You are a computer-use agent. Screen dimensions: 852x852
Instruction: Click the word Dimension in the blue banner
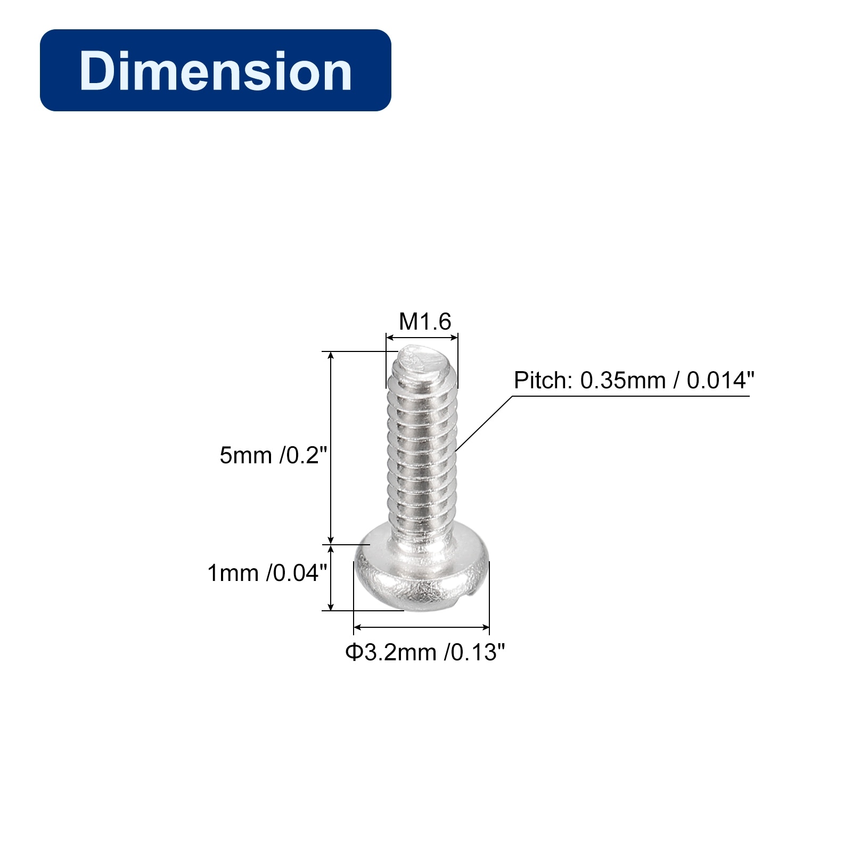pos(216,71)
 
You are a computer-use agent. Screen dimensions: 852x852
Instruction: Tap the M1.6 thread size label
pos(425,322)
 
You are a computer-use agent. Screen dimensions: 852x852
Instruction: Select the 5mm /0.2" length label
pos(273,455)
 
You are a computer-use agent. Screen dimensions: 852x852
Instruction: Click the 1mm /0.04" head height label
pos(267,573)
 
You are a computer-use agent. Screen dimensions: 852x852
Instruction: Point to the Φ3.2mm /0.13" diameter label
pos(425,652)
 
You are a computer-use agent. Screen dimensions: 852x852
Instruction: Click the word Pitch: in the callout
pos(543,381)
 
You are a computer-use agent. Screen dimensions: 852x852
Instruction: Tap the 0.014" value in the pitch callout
pos(720,381)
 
